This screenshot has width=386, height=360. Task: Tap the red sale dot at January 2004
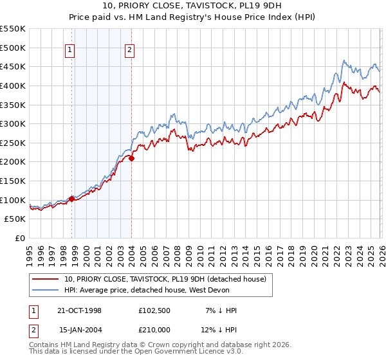pos(131,158)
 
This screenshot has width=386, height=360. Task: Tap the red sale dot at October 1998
pos(71,199)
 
